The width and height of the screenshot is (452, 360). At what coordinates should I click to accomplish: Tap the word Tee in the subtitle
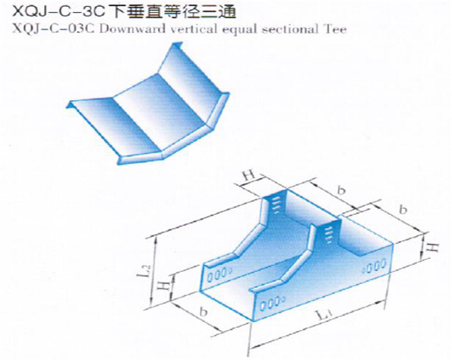point(335,29)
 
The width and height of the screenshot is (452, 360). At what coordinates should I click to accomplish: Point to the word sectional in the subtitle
point(290,29)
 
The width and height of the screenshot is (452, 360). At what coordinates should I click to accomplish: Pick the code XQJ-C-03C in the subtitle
point(54,29)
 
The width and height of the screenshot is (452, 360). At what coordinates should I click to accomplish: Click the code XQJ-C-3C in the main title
point(59,11)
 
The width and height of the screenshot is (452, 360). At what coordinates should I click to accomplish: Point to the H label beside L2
point(165,286)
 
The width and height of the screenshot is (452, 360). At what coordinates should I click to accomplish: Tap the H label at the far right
point(432,248)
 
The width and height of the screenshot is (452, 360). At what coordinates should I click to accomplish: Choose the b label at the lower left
point(204,312)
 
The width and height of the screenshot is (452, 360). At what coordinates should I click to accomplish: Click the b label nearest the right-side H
point(403,210)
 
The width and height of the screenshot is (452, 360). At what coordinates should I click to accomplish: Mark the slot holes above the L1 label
point(272,303)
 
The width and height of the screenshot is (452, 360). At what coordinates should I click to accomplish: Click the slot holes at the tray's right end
point(375,266)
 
